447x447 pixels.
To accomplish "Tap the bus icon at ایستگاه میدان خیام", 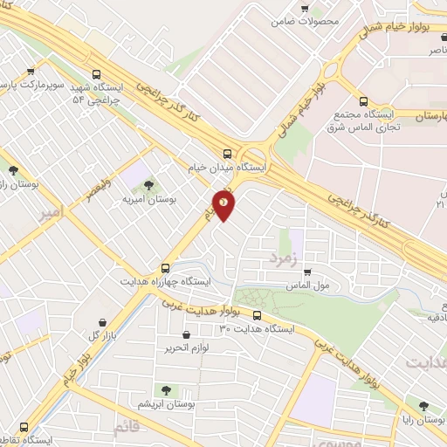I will pos(227,151).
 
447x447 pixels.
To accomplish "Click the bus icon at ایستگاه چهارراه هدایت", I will pos(165,268).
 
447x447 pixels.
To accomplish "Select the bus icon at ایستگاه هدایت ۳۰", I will pos(257,315).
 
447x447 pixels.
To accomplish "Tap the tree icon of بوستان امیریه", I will pos(148,184).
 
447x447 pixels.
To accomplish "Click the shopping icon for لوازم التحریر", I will pos(186,334).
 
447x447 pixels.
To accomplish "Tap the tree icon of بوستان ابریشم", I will pos(165,390).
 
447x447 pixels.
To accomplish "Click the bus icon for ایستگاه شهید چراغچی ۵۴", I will pos(96,75).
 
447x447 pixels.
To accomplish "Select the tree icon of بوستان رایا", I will pos(423,406).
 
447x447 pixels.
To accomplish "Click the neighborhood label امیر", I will pos(52,211).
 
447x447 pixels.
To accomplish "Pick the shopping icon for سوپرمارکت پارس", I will pos(31,72).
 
